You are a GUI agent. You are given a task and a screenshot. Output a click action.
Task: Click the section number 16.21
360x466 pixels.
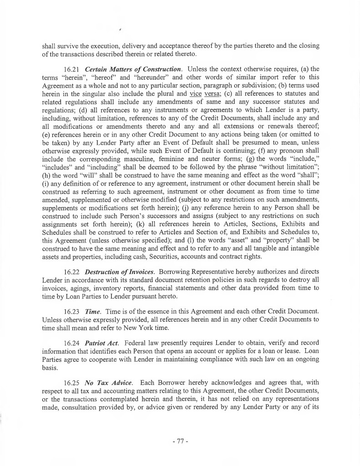73,69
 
